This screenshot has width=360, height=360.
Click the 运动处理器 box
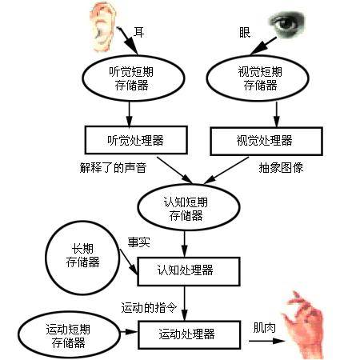(x=188, y=333)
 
